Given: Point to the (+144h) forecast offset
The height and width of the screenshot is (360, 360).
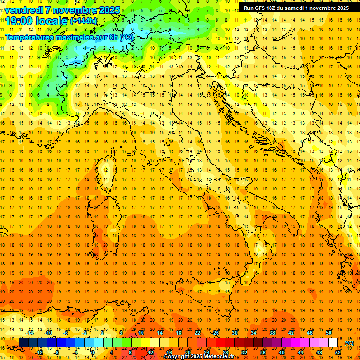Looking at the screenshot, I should click(x=83, y=21).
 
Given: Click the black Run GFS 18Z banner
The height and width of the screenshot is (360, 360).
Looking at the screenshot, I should click(x=296, y=7).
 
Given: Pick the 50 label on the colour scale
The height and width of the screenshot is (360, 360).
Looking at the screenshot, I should click(x=329, y=333).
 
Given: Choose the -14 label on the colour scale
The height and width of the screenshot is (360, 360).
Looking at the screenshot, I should click(x=30, y=333).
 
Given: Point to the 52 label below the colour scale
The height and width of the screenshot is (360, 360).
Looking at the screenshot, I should click(x=338, y=352).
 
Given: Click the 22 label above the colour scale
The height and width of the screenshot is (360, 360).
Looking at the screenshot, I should click(x=197, y=333).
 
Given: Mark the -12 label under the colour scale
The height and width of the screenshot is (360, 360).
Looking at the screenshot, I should click(x=40, y=352).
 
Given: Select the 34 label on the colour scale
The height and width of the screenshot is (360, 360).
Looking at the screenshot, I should click(x=254, y=333).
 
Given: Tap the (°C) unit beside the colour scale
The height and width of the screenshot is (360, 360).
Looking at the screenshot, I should click(x=349, y=343).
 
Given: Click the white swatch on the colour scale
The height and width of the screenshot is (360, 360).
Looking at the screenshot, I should click(x=333, y=343).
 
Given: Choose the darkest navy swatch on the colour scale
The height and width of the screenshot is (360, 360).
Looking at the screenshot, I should click(x=24, y=343).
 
